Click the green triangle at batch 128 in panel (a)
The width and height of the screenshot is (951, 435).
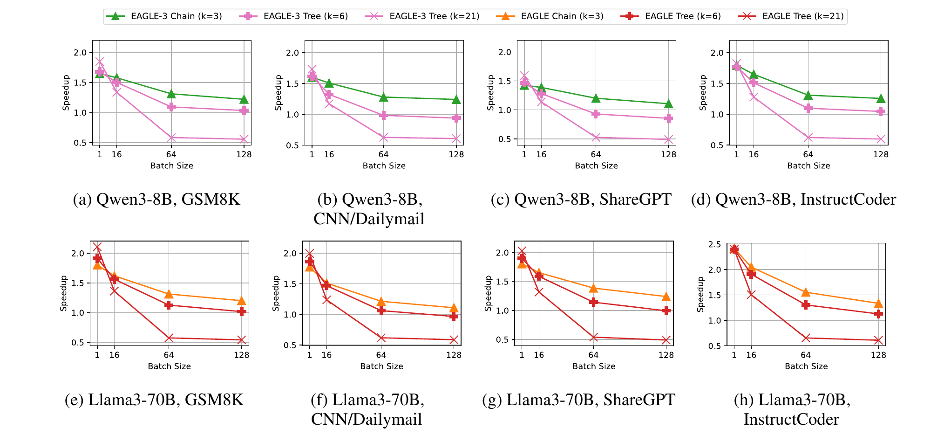(244, 99)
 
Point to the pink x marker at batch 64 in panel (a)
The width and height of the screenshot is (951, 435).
(171, 138)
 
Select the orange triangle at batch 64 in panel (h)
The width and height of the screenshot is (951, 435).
(806, 292)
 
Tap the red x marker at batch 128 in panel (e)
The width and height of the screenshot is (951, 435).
(241, 340)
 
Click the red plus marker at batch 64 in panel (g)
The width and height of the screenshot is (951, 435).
(593, 302)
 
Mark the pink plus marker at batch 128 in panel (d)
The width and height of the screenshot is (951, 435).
(881, 111)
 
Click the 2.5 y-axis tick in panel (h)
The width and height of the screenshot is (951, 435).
(714, 244)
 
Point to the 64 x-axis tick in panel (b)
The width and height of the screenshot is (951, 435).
(383, 154)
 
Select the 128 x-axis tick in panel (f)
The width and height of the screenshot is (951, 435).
(454, 355)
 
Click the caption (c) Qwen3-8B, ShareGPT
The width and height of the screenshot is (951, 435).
(581, 200)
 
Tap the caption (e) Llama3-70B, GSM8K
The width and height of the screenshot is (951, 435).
(154, 400)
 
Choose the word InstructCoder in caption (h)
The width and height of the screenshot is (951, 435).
(791, 419)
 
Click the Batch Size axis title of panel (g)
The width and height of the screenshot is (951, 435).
(594, 366)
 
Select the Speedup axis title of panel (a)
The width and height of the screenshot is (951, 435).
(66, 92)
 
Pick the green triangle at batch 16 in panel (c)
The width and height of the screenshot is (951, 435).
(541, 87)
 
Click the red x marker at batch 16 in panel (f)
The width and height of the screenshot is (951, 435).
(326, 299)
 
